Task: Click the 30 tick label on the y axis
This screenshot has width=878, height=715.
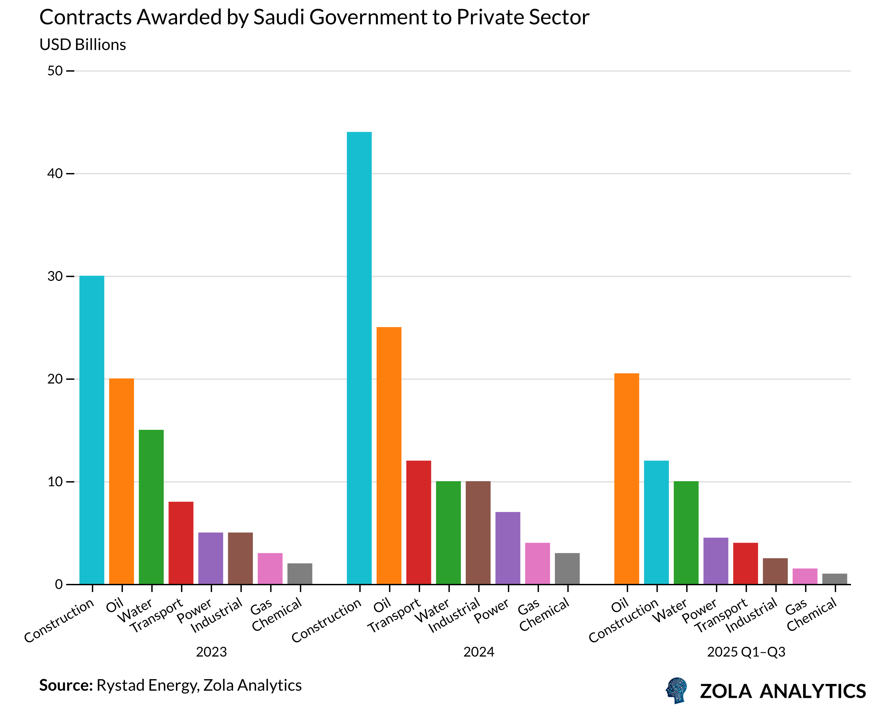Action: click(x=55, y=276)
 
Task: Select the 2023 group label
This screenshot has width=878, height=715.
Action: click(x=211, y=652)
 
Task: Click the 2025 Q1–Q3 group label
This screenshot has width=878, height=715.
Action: click(x=746, y=652)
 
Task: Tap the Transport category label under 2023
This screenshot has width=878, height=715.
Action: click(x=156, y=615)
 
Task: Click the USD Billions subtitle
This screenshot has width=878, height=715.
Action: click(x=82, y=45)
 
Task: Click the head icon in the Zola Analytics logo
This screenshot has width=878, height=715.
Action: click(x=676, y=690)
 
